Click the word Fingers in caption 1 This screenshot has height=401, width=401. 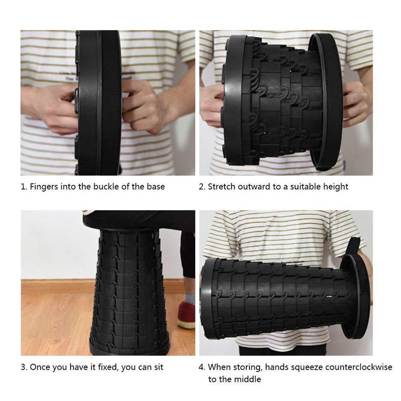click(43, 186)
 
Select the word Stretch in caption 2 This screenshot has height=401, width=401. click(221, 186)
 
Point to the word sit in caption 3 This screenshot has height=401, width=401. click(158, 367)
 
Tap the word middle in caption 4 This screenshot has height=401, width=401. click(248, 379)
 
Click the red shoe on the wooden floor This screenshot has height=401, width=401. click(186, 315)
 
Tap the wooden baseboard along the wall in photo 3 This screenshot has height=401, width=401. click(56, 286)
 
